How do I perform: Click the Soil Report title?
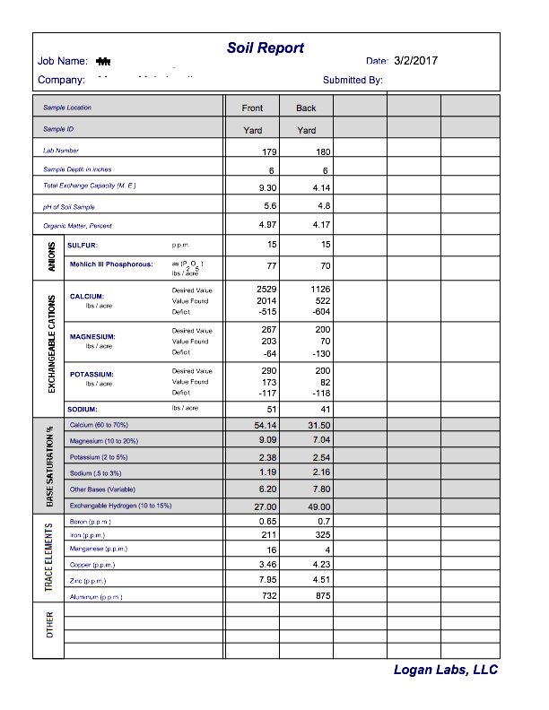[265, 48]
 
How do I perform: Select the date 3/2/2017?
[415, 61]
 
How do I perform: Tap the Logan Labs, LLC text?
[445, 670]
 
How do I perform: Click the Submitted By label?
[353, 80]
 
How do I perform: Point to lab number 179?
[268, 152]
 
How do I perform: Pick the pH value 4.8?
[322, 205]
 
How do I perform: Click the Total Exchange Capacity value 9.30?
[266, 187]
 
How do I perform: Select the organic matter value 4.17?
[322, 224]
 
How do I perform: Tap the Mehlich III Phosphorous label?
[111, 264]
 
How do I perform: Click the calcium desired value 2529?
[266, 290]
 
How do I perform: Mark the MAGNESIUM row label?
[92, 336]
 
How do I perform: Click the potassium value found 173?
[266, 382]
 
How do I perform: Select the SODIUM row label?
[83, 409]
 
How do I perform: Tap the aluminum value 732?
[267, 595]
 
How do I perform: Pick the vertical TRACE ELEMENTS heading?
[49, 558]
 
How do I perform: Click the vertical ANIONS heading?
[50, 256]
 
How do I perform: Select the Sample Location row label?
[67, 108]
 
